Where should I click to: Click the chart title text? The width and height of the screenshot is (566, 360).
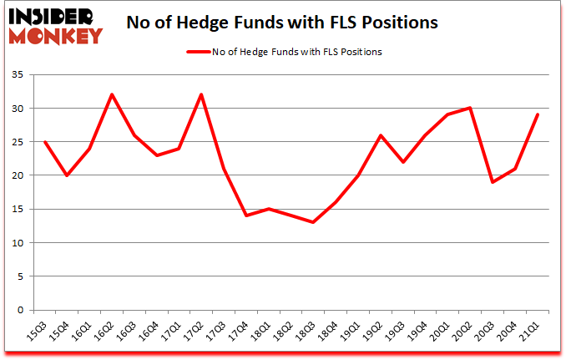click(x=282, y=23)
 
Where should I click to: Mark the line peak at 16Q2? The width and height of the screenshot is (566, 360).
click(x=112, y=94)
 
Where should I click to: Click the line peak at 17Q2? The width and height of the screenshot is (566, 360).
click(x=201, y=94)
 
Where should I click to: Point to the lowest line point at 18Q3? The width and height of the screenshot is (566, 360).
click(x=313, y=222)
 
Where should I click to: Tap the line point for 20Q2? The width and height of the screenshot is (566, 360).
click(x=470, y=108)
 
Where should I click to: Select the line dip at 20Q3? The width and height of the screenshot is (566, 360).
click(x=493, y=182)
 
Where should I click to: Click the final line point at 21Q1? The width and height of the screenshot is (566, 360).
click(x=538, y=114)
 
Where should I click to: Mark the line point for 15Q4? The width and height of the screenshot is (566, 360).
click(x=67, y=175)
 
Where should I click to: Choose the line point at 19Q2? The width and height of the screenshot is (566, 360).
click(x=381, y=135)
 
